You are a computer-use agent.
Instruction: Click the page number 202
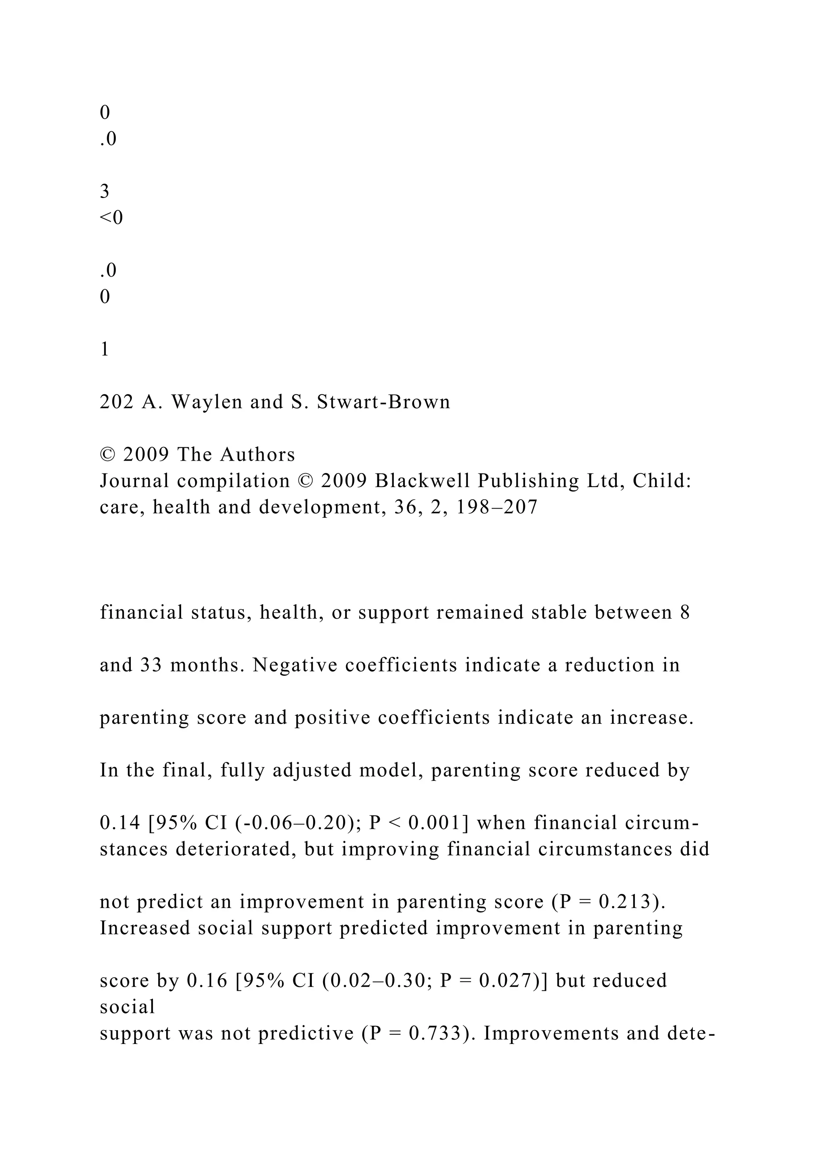pyautogui.click(x=117, y=402)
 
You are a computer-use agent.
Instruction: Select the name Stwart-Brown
pyautogui.click(x=383, y=402)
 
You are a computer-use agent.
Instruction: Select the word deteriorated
pyautogui.click(x=235, y=849)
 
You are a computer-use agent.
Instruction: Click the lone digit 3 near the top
pyautogui.click(x=105, y=192)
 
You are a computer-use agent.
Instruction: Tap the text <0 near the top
pyautogui.click(x=111, y=218)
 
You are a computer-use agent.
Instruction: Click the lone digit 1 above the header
pyautogui.click(x=105, y=350)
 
